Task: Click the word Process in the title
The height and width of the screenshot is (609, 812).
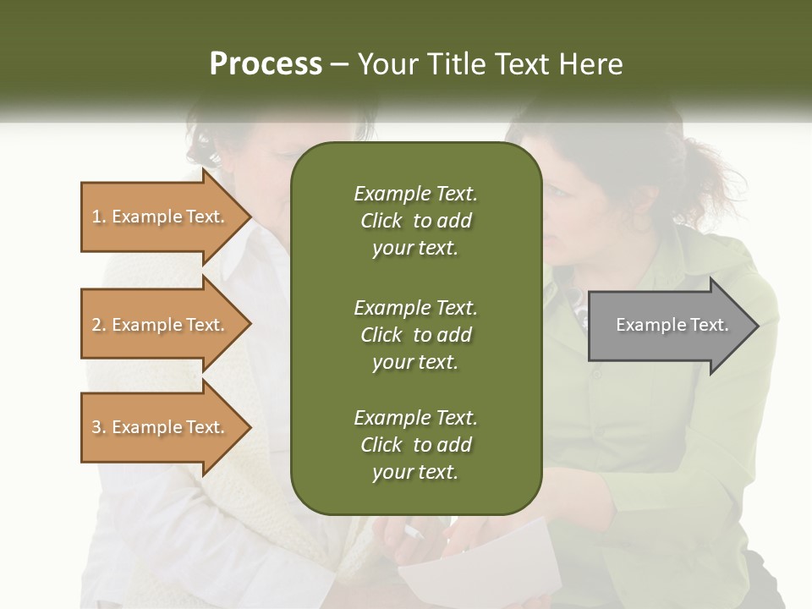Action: pyautogui.click(x=266, y=64)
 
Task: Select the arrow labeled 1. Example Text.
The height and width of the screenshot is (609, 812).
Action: pyautogui.click(x=161, y=217)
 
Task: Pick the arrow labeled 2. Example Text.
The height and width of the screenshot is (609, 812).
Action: pyautogui.click(x=161, y=325)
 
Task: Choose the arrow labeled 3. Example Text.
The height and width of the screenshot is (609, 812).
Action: pyautogui.click(x=161, y=427)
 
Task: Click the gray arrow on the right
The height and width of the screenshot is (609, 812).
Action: pyautogui.click(x=668, y=326)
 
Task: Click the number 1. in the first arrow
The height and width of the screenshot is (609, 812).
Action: pyautogui.click(x=99, y=217)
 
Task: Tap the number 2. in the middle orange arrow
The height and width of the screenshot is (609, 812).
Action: pyautogui.click(x=99, y=325)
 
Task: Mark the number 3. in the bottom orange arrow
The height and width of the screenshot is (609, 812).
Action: pyautogui.click(x=99, y=427)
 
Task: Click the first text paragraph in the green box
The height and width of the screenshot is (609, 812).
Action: pyautogui.click(x=415, y=221)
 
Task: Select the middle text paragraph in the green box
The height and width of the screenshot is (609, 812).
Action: pyautogui.click(x=415, y=335)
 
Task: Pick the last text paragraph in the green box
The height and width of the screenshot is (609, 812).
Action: pyautogui.click(x=415, y=445)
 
